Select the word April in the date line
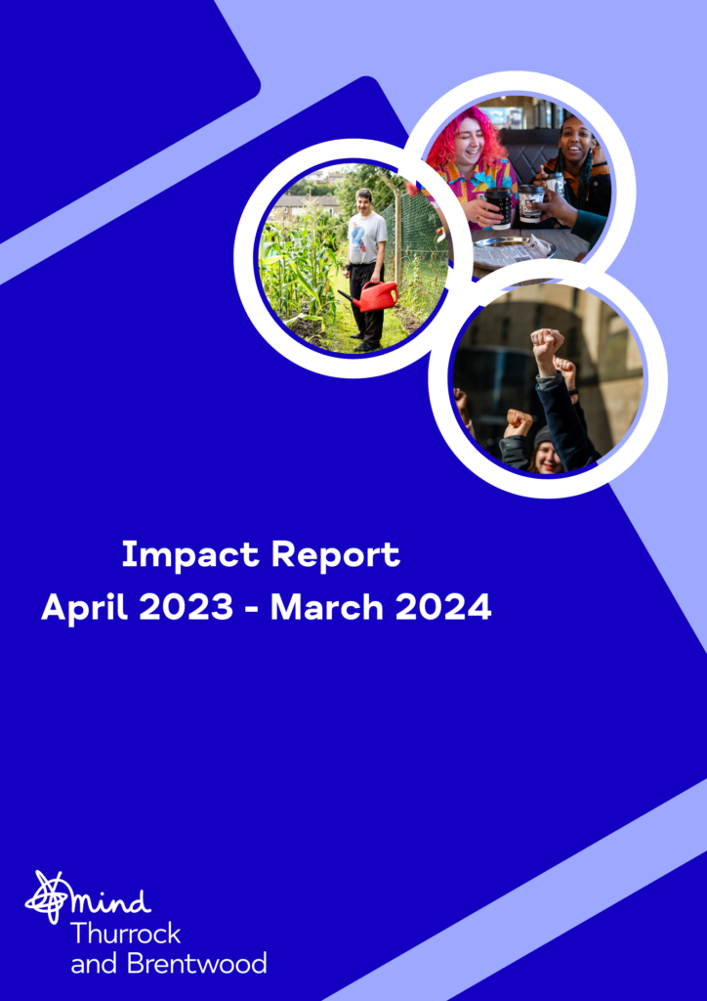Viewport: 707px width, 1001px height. point(84,607)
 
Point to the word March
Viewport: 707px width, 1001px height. point(327,607)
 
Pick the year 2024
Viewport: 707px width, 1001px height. point(443,607)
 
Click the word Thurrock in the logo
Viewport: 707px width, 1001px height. point(126,934)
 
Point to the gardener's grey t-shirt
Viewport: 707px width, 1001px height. point(367,238)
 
